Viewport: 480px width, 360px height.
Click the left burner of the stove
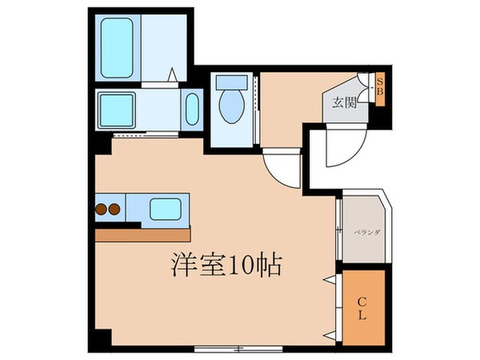tap(102, 210)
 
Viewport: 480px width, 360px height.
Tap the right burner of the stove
tap(115, 210)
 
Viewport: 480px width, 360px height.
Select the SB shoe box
tap(381, 86)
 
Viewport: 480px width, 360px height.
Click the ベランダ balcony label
tap(368, 232)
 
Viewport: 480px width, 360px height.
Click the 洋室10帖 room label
tap(224, 264)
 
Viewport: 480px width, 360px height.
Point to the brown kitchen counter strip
tap(144, 235)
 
